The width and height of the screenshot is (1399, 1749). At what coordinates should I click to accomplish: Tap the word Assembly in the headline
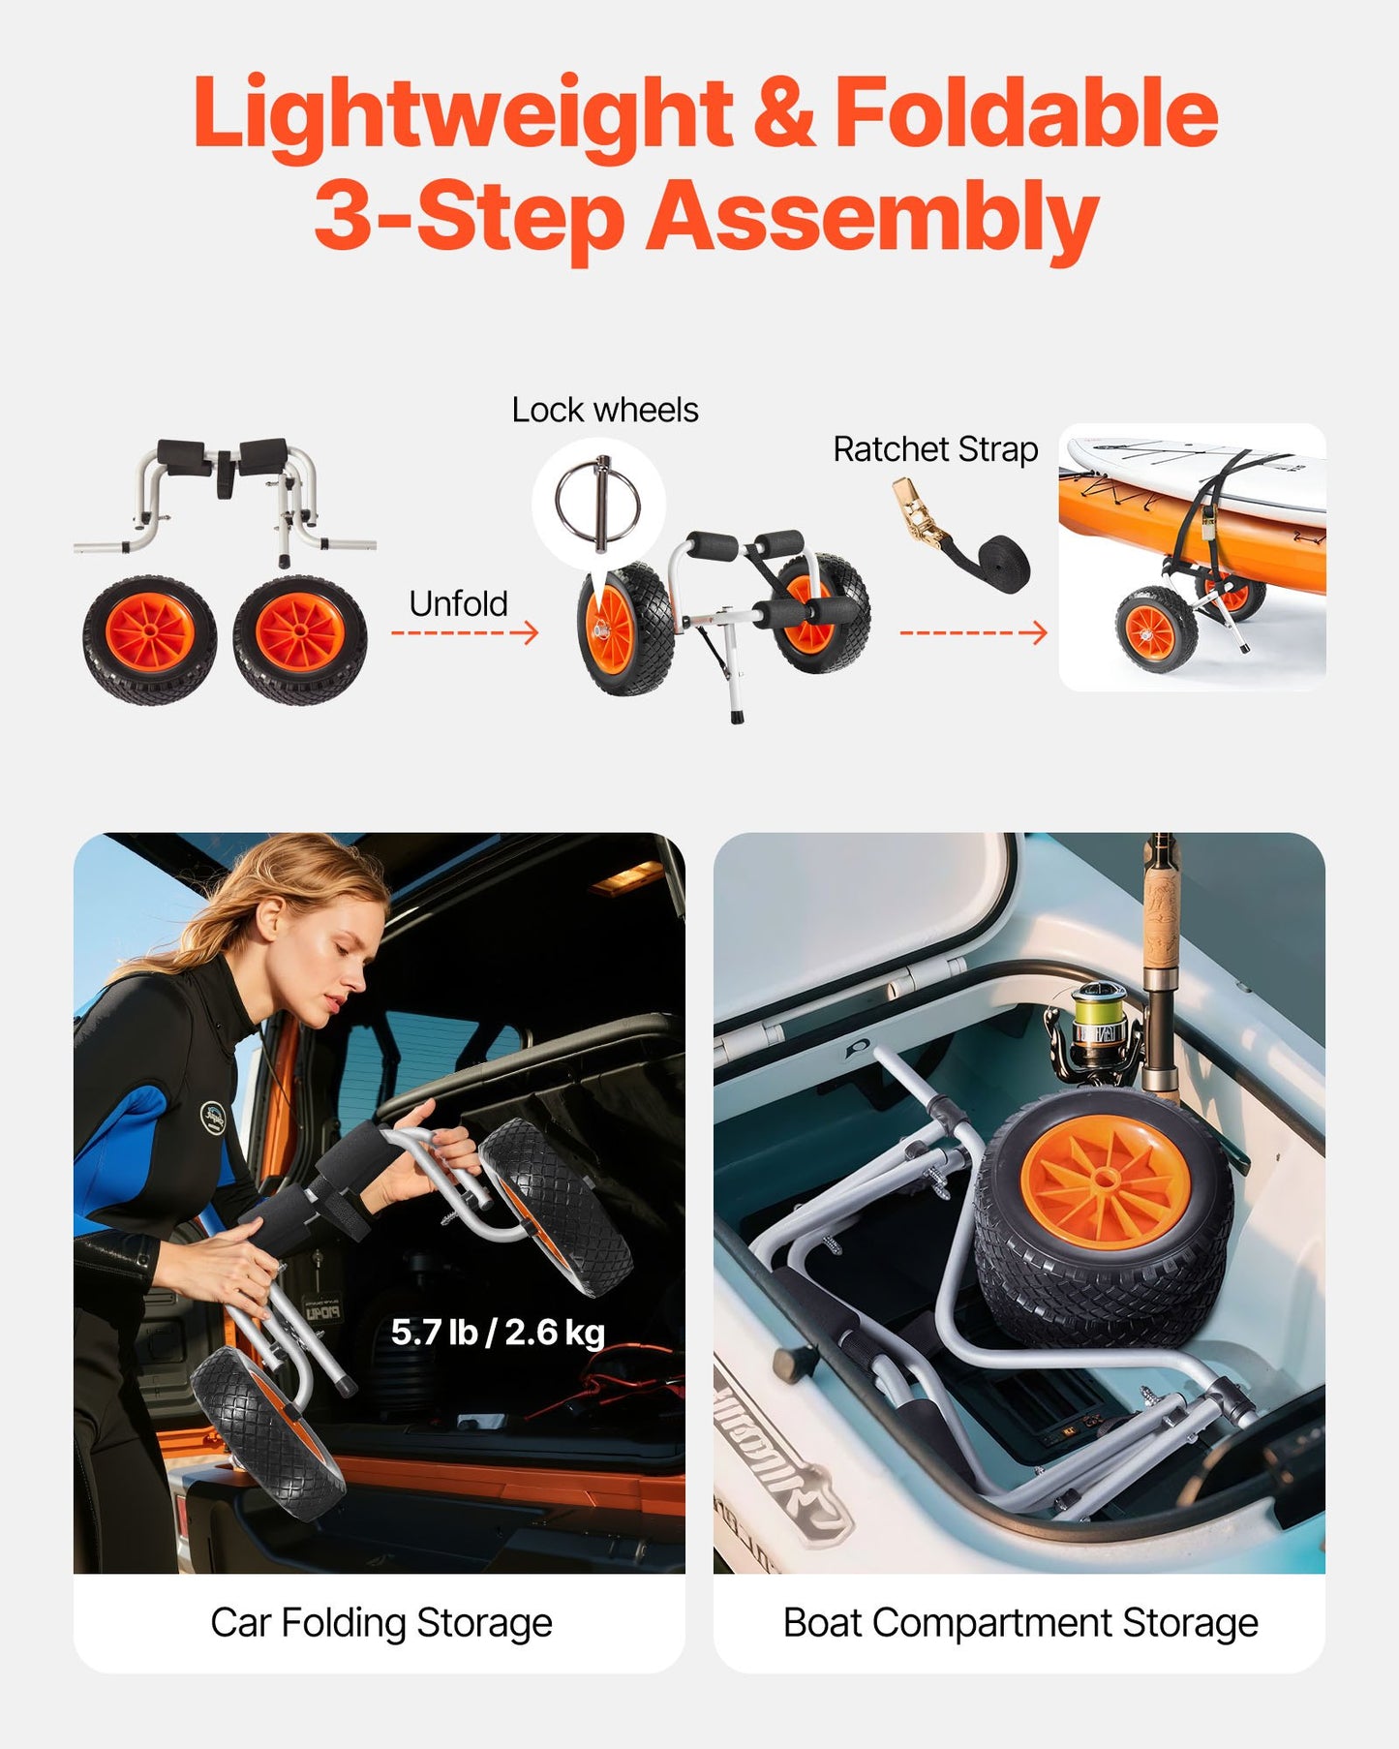click(871, 217)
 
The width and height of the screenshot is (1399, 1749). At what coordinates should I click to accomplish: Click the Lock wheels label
click(604, 410)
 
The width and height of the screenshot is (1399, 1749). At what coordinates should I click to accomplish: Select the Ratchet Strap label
click(934, 449)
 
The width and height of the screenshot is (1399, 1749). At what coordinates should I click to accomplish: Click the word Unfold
click(458, 603)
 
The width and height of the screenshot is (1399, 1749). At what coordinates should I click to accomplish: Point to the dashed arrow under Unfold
click(464, 633)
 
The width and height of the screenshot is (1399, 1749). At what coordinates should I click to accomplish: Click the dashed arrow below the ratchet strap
click(973, 633)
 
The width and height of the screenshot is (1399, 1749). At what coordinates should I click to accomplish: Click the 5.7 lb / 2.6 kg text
click(498, 1333)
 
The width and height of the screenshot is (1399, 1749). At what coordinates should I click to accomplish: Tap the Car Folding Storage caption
click(380, 1622)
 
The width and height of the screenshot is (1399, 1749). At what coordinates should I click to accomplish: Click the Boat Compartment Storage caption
click(1019, 1622)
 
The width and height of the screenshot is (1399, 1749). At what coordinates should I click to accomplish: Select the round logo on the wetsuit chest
click(212, 1117)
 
